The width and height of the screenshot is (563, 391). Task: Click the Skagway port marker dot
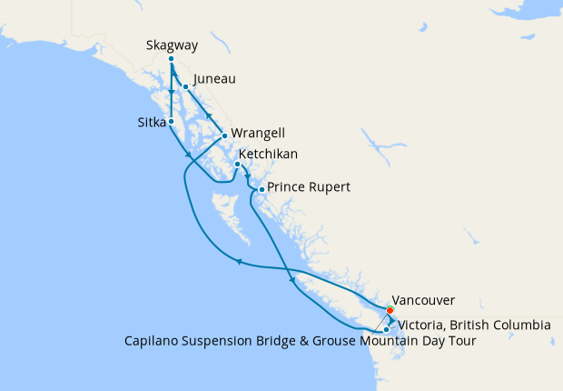coord(171,60)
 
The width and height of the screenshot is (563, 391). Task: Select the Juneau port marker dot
coord(185,87)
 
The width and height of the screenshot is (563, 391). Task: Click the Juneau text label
coord(214,79)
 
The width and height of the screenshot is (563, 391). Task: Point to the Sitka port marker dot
coord(171,121)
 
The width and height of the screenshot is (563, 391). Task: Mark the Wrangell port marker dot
coord(224,135)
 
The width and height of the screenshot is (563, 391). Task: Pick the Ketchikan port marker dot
coord(237,165)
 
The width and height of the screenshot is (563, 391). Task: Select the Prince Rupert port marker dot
coord(262,189)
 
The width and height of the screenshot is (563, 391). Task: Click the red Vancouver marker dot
coord(390,310)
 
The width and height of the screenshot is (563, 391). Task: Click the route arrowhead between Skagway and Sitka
coord(171,94)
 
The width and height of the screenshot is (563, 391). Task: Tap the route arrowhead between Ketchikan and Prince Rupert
coord(246,177)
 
